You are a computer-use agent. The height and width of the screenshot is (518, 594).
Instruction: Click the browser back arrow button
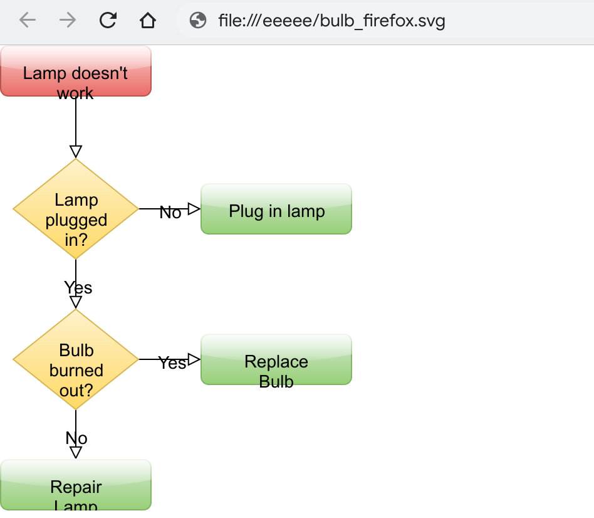pos(28,21)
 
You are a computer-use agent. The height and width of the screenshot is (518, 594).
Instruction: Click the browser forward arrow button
pos(68,21)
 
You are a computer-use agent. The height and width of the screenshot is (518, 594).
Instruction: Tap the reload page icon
pos(108,21)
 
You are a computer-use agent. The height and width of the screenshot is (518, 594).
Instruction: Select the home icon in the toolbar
pos(147,21)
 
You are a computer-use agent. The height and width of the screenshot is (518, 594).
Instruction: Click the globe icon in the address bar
pos(198,21)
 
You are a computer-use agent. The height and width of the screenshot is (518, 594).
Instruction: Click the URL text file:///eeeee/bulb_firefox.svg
pos(331,21)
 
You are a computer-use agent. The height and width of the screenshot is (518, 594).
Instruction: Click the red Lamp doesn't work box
pos(76,71)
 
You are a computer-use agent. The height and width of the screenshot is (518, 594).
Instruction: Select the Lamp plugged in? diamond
pos(76,209)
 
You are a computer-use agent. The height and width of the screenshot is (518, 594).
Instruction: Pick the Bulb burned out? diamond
pos(76,359)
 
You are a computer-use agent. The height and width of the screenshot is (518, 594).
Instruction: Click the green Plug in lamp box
pos(276,209)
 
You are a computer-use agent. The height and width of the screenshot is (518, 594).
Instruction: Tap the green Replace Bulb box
pos(276,359)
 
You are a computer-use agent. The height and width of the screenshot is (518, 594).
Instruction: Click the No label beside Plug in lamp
pos(170,213)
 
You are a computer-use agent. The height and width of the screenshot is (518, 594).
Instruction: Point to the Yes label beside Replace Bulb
pos(172,363)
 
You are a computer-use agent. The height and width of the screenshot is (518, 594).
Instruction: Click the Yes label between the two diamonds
pos(78,288)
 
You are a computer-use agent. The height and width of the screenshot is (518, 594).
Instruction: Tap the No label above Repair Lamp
pos(76,438)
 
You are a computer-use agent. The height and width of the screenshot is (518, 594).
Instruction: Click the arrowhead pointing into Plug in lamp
pos(194,209)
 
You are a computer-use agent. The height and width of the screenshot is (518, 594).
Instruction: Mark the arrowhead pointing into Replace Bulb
pos(194,359)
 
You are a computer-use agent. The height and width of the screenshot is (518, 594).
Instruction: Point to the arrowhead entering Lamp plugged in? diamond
pos(76,152)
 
